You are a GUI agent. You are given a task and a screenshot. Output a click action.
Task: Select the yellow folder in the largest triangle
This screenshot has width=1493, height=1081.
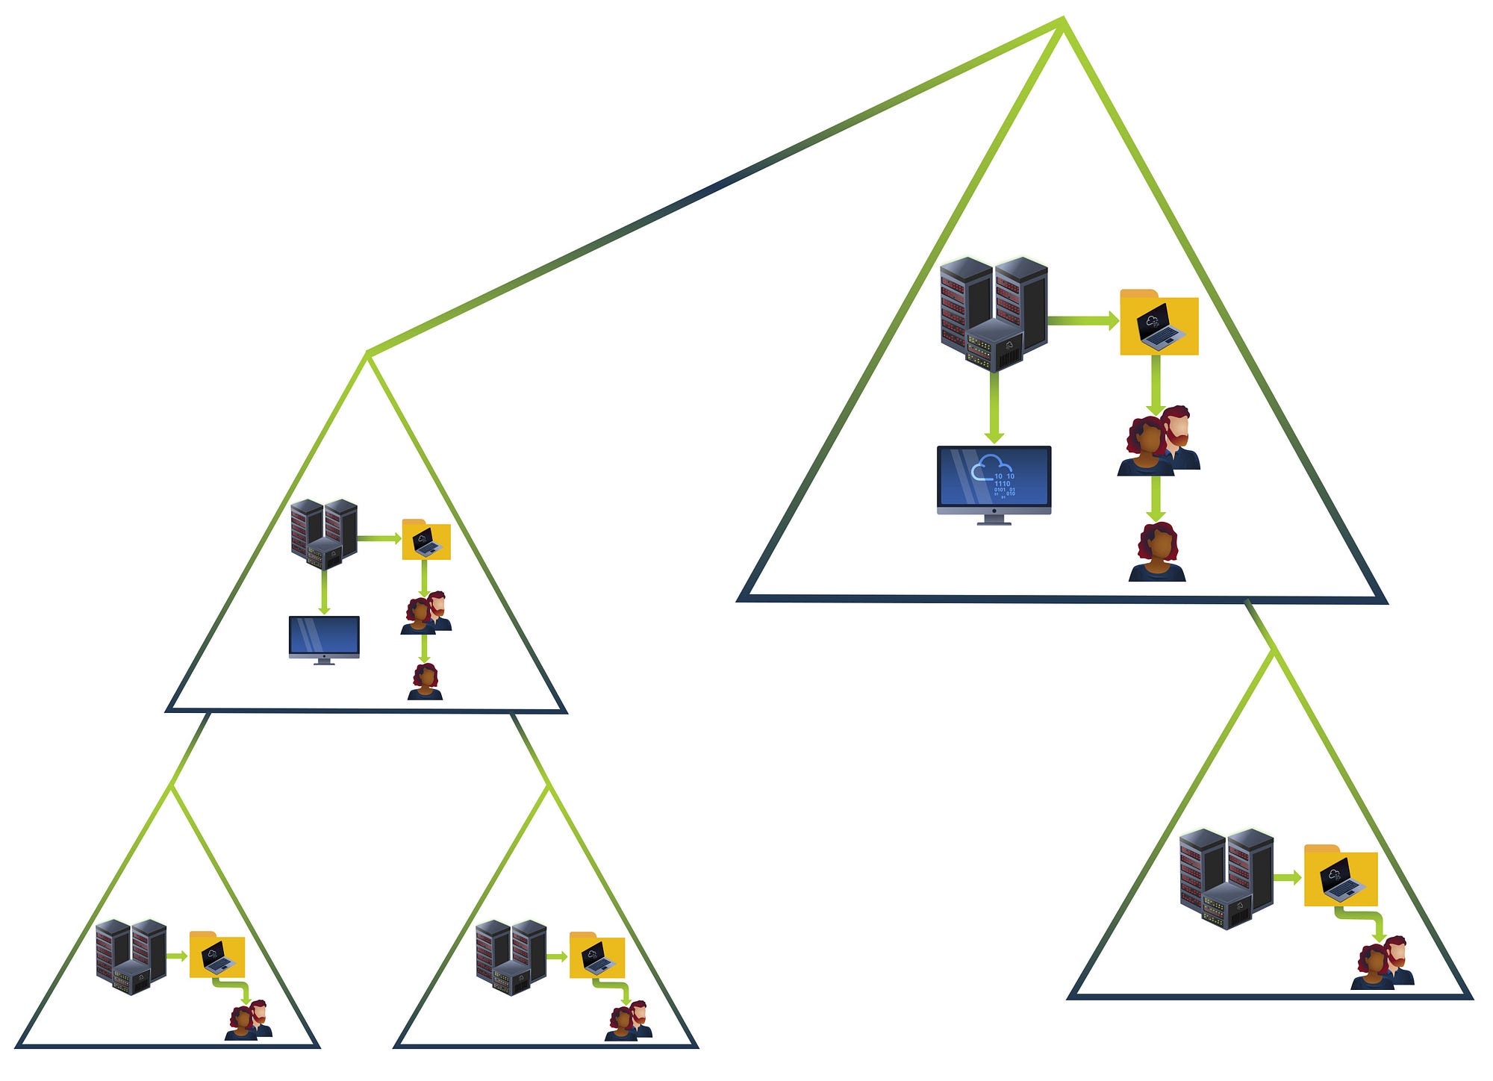pos(1159,323)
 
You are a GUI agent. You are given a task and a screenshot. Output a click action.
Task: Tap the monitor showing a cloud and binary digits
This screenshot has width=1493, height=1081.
pos(994,482)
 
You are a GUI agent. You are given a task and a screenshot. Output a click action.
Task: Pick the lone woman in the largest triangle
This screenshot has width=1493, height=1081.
pos(1156,552)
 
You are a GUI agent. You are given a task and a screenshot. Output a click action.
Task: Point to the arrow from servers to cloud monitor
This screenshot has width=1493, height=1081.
pos(994,408)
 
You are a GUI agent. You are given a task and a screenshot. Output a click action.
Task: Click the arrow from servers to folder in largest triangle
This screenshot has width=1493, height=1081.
pos(1082,321)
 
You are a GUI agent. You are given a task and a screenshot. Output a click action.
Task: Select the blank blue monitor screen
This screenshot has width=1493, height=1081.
pos(324,637)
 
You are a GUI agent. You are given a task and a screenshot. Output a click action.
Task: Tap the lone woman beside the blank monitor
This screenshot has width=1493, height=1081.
pos(425,682)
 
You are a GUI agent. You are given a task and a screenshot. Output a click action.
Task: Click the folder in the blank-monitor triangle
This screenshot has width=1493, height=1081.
pos(426,540)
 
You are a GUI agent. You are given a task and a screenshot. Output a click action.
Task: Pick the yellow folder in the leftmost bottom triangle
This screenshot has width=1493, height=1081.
pos(216,955)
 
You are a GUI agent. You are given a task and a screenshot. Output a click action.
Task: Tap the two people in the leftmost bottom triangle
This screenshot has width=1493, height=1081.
pos(249,1021)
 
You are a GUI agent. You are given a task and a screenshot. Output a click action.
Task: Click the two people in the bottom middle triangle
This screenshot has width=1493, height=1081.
pos(629,1021)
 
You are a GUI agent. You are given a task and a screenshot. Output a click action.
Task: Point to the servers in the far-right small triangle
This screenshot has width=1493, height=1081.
pos(1226,878)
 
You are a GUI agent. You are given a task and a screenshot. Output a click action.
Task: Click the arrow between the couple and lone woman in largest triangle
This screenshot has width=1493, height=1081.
pos(1156,497)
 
